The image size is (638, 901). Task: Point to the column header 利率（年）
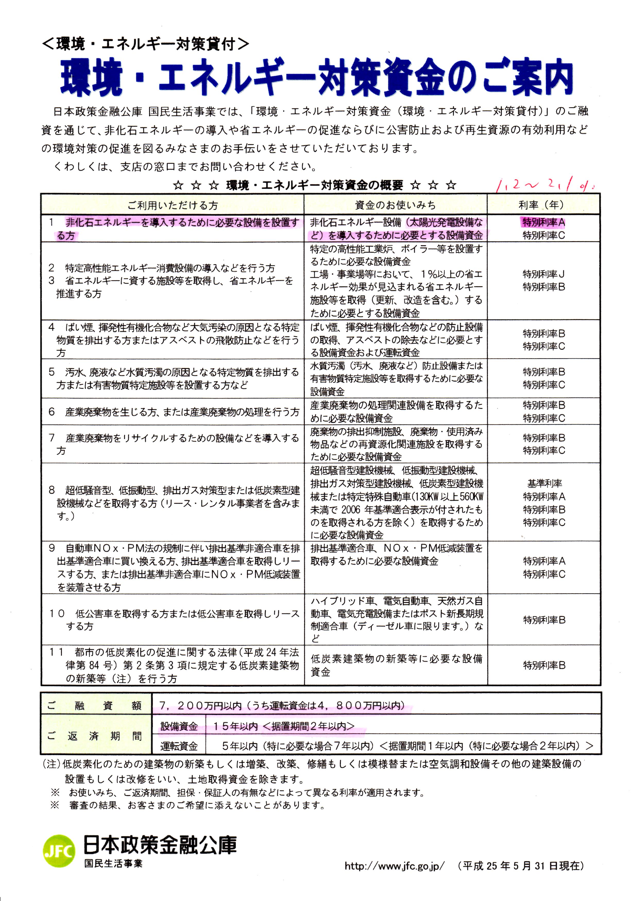click(x=543, y=205)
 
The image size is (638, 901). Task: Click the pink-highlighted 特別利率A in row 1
click(x=543, y=222)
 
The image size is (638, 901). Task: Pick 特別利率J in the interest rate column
click(x=543, y=274)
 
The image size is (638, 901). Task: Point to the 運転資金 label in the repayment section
click(x=179, y=746)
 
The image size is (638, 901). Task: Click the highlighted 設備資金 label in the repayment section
click(x=179, y=727)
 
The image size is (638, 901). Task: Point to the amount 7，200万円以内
click(x=200, y=706)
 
